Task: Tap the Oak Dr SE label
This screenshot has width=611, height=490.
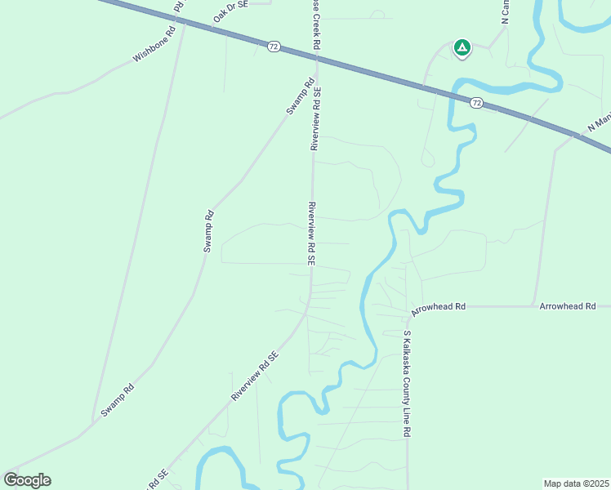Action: pyautogui.click(x=230, y=11)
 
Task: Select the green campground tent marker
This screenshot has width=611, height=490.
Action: pyautogui.click(x=462, y=48)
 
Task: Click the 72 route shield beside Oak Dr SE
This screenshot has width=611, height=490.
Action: pyautogui.click(x=273, y=47)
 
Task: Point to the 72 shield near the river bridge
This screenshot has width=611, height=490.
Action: pyautogui.click(x=476, y=103)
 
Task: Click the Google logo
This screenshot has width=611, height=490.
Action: pyautogui.click(x=27, y=480)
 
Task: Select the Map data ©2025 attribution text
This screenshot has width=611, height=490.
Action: pyautogui.click(x=576, y=483)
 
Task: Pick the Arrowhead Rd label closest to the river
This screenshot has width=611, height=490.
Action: pyautogui.click(x=439, y=306)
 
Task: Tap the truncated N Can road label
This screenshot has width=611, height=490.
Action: pyautogui.click(x=506, y=11)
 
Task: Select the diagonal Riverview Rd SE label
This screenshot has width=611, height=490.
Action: pyautogui.click(x=255, y=376)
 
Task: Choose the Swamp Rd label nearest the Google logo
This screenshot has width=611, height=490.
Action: pyautogui.click(x=117, y=402)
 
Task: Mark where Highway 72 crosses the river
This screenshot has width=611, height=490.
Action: pyautogui.click(x=451, y=94)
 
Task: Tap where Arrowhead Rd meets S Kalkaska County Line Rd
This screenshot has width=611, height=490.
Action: pyautogui.click(x=408, y=307)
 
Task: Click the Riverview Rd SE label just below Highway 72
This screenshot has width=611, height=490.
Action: pyautogui.click(x=315, y=118)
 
